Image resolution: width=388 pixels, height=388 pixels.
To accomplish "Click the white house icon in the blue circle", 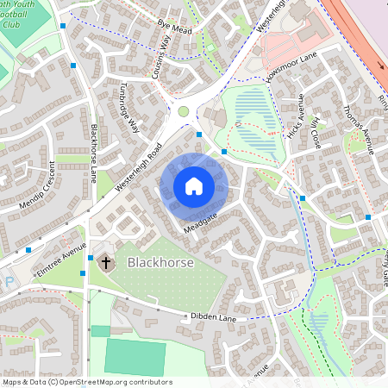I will click(x=193, y=186).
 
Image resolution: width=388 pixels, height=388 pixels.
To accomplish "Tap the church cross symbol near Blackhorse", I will click(x=106, y=260).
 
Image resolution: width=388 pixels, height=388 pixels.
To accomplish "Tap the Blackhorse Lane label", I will click(x=93, y=153).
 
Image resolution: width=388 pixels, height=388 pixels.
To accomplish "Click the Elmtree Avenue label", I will click(x=62, y=260).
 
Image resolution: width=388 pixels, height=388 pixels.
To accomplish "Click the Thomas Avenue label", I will click(x=358, y=127).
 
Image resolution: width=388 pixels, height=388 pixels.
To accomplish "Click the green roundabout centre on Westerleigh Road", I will click(x=183, y=111).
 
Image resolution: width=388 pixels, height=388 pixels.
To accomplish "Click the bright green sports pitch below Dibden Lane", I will click(x=135, y=355).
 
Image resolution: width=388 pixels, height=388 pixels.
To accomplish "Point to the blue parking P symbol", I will click(x=9, y=280).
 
